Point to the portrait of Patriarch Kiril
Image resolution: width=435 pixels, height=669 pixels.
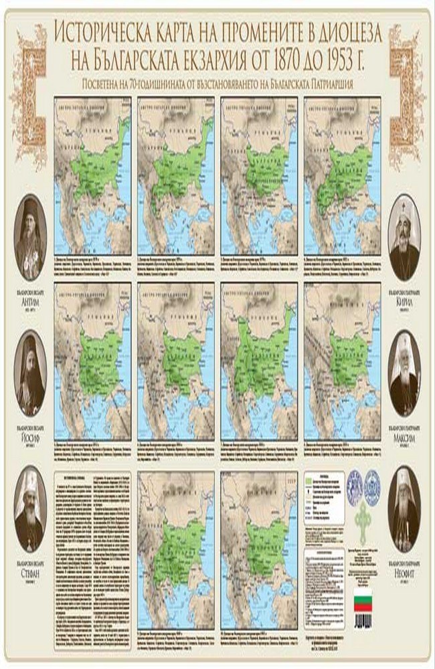(x=404, y=237)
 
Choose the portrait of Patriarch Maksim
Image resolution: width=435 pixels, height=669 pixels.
(x=404, y=373)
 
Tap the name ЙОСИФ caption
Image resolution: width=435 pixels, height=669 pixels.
(x=31, y=437)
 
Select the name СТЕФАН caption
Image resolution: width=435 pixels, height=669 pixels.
(x=31, y=573)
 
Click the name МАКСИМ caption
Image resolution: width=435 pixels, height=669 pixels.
(x=404, y=437)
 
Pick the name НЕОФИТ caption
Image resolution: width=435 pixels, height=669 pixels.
(x=404, y=573)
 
